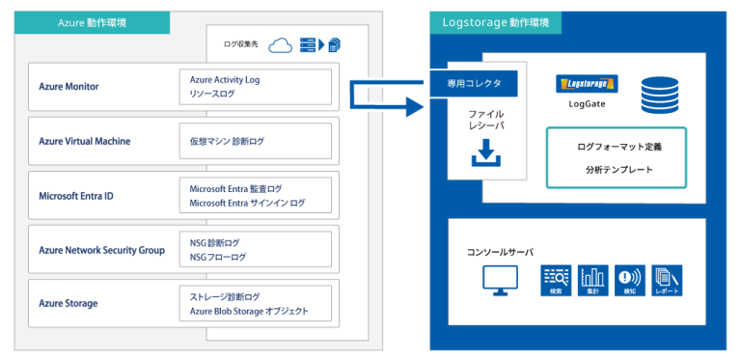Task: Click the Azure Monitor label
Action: coord(69,87)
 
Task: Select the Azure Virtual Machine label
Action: coord(85,141)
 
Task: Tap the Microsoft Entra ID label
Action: coord(76,196)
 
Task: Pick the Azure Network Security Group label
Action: coord(101,250)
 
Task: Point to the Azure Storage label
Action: coord(69,303)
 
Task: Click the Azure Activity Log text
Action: coord(225,80)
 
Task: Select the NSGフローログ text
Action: coord(218,257)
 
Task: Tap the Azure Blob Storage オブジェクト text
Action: coord(249,311)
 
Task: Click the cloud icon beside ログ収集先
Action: coord(281,44)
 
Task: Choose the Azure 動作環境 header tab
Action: coord(93,22)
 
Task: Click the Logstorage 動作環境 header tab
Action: coord(495,22)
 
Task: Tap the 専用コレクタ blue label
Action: coord(475,84)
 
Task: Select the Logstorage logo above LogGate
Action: coord(588,84)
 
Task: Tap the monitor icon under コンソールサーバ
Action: coord(499,280)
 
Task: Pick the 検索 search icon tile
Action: coord(556,280)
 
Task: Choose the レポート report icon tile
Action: coord(666,280)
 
